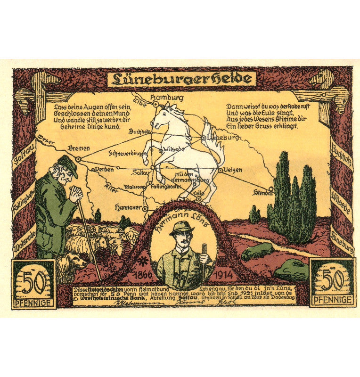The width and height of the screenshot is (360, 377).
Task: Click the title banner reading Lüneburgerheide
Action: click(181, 78)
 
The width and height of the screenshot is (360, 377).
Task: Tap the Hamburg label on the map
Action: click(166, 98)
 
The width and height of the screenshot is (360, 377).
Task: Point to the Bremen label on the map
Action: click(79, 148)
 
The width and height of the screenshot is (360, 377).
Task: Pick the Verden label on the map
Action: click(104, 168)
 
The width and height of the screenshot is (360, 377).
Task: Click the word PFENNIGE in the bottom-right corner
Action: click(332, 300)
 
